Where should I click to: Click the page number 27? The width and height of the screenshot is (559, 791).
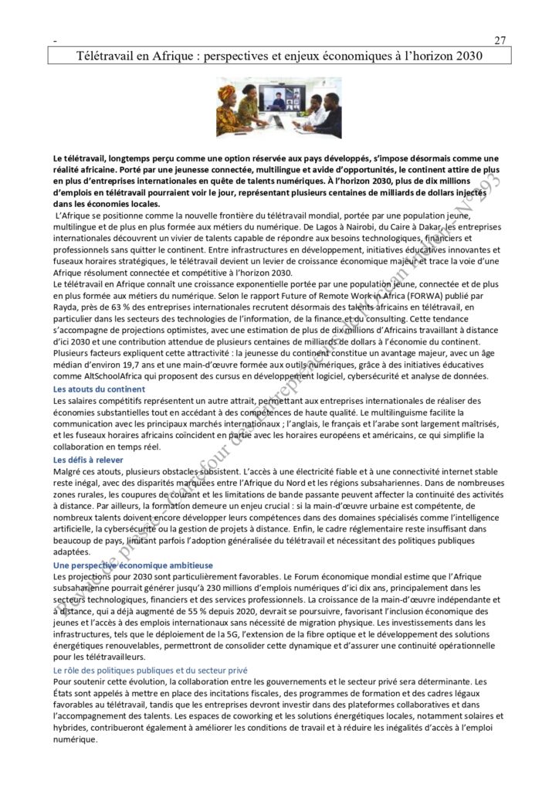point(499,40)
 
